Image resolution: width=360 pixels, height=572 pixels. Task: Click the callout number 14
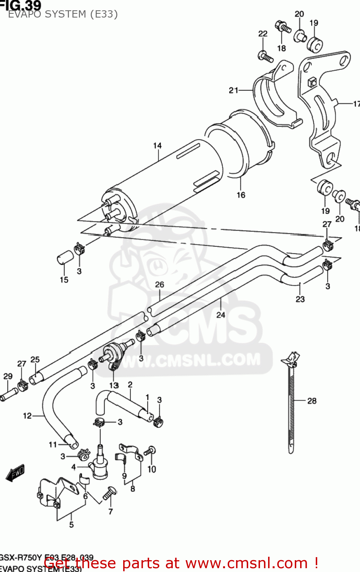tap(157, 146)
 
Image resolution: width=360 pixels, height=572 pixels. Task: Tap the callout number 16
tap(241, 195)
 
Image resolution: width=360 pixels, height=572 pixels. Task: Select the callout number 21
tap(233, 90)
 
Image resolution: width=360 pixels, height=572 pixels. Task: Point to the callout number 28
tap(312, 401)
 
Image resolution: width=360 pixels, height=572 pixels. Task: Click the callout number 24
tap(221, 315)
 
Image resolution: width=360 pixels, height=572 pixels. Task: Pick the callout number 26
tap(159, 284)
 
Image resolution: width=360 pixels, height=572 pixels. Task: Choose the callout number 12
tap(27, 416)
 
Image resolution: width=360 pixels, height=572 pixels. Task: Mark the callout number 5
tap(71, 525)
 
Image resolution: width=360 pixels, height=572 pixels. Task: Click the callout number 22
tap(263, 34)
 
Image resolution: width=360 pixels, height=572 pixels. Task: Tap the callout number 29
tap(8, 376)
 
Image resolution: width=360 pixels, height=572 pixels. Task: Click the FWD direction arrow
tap(15, 473)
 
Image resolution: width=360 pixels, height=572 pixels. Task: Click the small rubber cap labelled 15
tap(64, 257)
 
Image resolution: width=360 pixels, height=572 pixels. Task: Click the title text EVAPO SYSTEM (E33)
tap(63, 14)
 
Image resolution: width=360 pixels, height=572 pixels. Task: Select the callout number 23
tap(300, 299)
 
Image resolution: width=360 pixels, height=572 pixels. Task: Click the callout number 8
tap(133, 488)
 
